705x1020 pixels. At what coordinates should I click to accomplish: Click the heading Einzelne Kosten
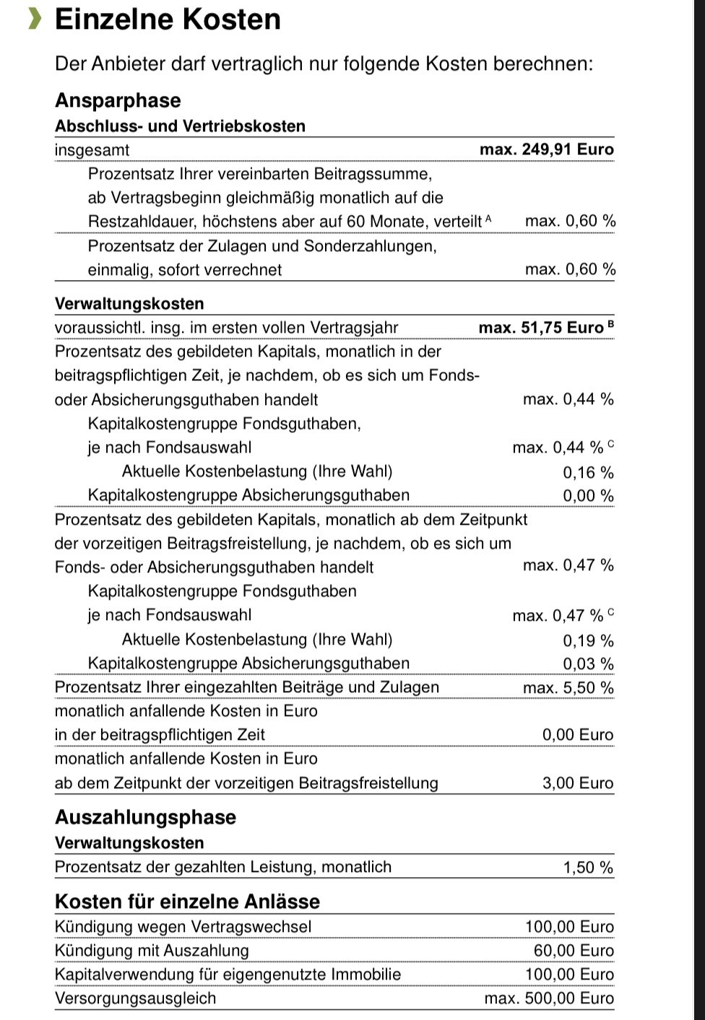pyautogui.click(x=168, y=19)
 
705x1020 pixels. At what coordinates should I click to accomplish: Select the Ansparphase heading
pyautogui.click(x=118, y=100)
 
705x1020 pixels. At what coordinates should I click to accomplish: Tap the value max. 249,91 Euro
pyautogui.click(x=546, y=149)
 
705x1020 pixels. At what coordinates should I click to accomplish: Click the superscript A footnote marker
pyautogui.click(x=489, y=217)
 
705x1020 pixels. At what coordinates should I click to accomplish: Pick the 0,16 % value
pyautogui.click(x=588, y=473)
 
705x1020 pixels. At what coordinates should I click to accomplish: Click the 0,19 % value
pyautogui.click(x=588, y=641)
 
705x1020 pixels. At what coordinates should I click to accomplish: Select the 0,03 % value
pyautogui.click(x=588, y=664)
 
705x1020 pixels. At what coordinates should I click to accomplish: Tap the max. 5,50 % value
pyautogui.click(x=568, y=688)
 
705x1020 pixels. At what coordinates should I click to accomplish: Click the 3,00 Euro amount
pyautogui.click(x=577, y=783)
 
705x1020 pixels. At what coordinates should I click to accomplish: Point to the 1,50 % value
pyautogui.click(x=588, y=868)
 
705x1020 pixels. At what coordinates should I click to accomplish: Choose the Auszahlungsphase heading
pyautogui.click(x=145, y=817)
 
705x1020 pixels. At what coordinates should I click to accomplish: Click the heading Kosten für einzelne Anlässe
pyautogui.click(x=187, y=902)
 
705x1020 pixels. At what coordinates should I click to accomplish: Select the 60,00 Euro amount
pyautogui.click(x=574, y=951)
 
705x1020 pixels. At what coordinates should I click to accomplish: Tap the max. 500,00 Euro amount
pyautogui.click(x=549, y=999)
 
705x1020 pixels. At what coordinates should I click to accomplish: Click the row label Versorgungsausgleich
pyautogui.click(x=135, y=999)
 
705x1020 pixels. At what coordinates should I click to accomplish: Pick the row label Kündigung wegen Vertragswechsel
pyautogui.click(x=183, y=927)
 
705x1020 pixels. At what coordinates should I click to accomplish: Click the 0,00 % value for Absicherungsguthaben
pyautogui.click(x=588, y=496)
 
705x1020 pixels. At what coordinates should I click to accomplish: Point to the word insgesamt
pyautogui.click(x=92, y=150)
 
